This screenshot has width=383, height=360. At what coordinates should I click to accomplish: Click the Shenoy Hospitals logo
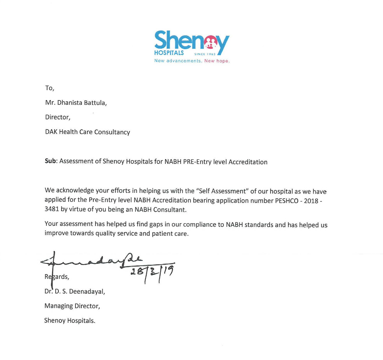click(x=191, y=43)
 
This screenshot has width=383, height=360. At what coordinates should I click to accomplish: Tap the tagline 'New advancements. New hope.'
click(x=191, y=61)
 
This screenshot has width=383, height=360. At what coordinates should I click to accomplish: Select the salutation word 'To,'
click(x=49, y=88)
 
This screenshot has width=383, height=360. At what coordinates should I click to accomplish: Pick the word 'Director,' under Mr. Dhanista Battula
click(x=58, y=117)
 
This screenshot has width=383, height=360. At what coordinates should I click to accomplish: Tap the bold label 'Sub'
click(x=51, y=162)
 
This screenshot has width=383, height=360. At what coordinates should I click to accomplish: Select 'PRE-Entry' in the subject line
click(x=198, y=162)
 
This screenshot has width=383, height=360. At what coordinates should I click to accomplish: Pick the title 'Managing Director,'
click(x=72, y=306)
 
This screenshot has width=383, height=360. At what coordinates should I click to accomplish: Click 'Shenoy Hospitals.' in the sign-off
click(x=70, y=321)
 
